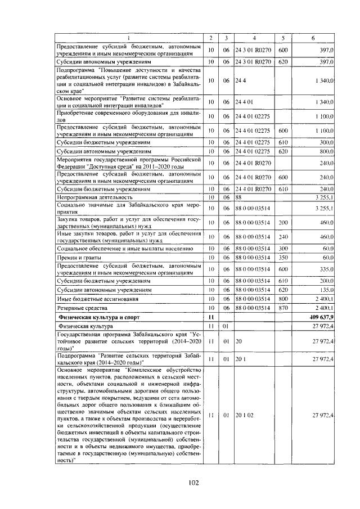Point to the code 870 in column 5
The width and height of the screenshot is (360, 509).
click(283, 308)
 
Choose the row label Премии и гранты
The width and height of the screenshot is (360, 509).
click(77, 256)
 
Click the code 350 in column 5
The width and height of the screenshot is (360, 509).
click(283, 256)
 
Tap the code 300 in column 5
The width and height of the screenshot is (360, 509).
click(283, 247)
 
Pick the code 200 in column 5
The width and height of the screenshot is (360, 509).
click(283, 223)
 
